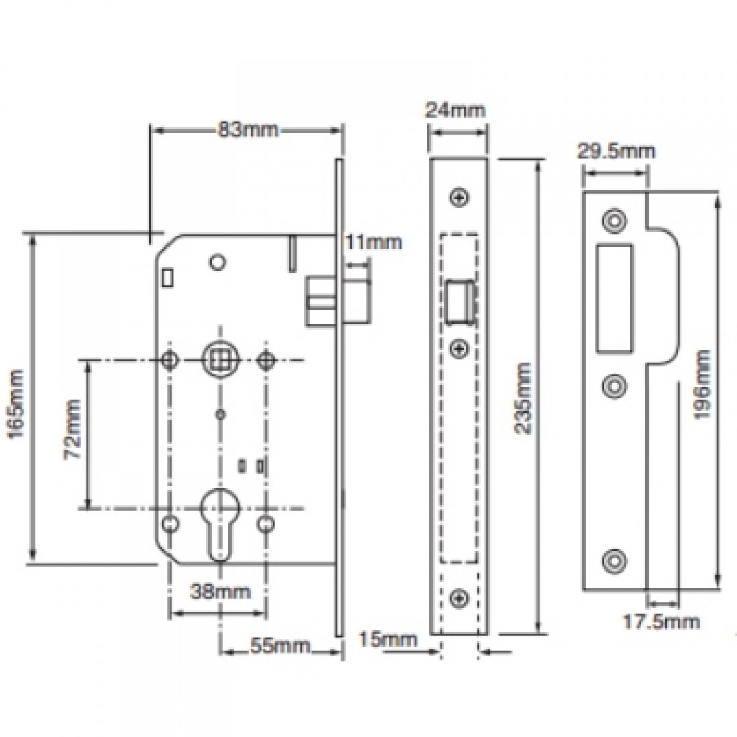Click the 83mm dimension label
pos(245,130)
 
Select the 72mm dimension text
pos(72,429)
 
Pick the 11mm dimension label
pos(374,242)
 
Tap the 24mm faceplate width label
pos(456,109)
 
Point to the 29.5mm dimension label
pos(616,151)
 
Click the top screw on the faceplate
pos(459,198)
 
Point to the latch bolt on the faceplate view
pos(459,302)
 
